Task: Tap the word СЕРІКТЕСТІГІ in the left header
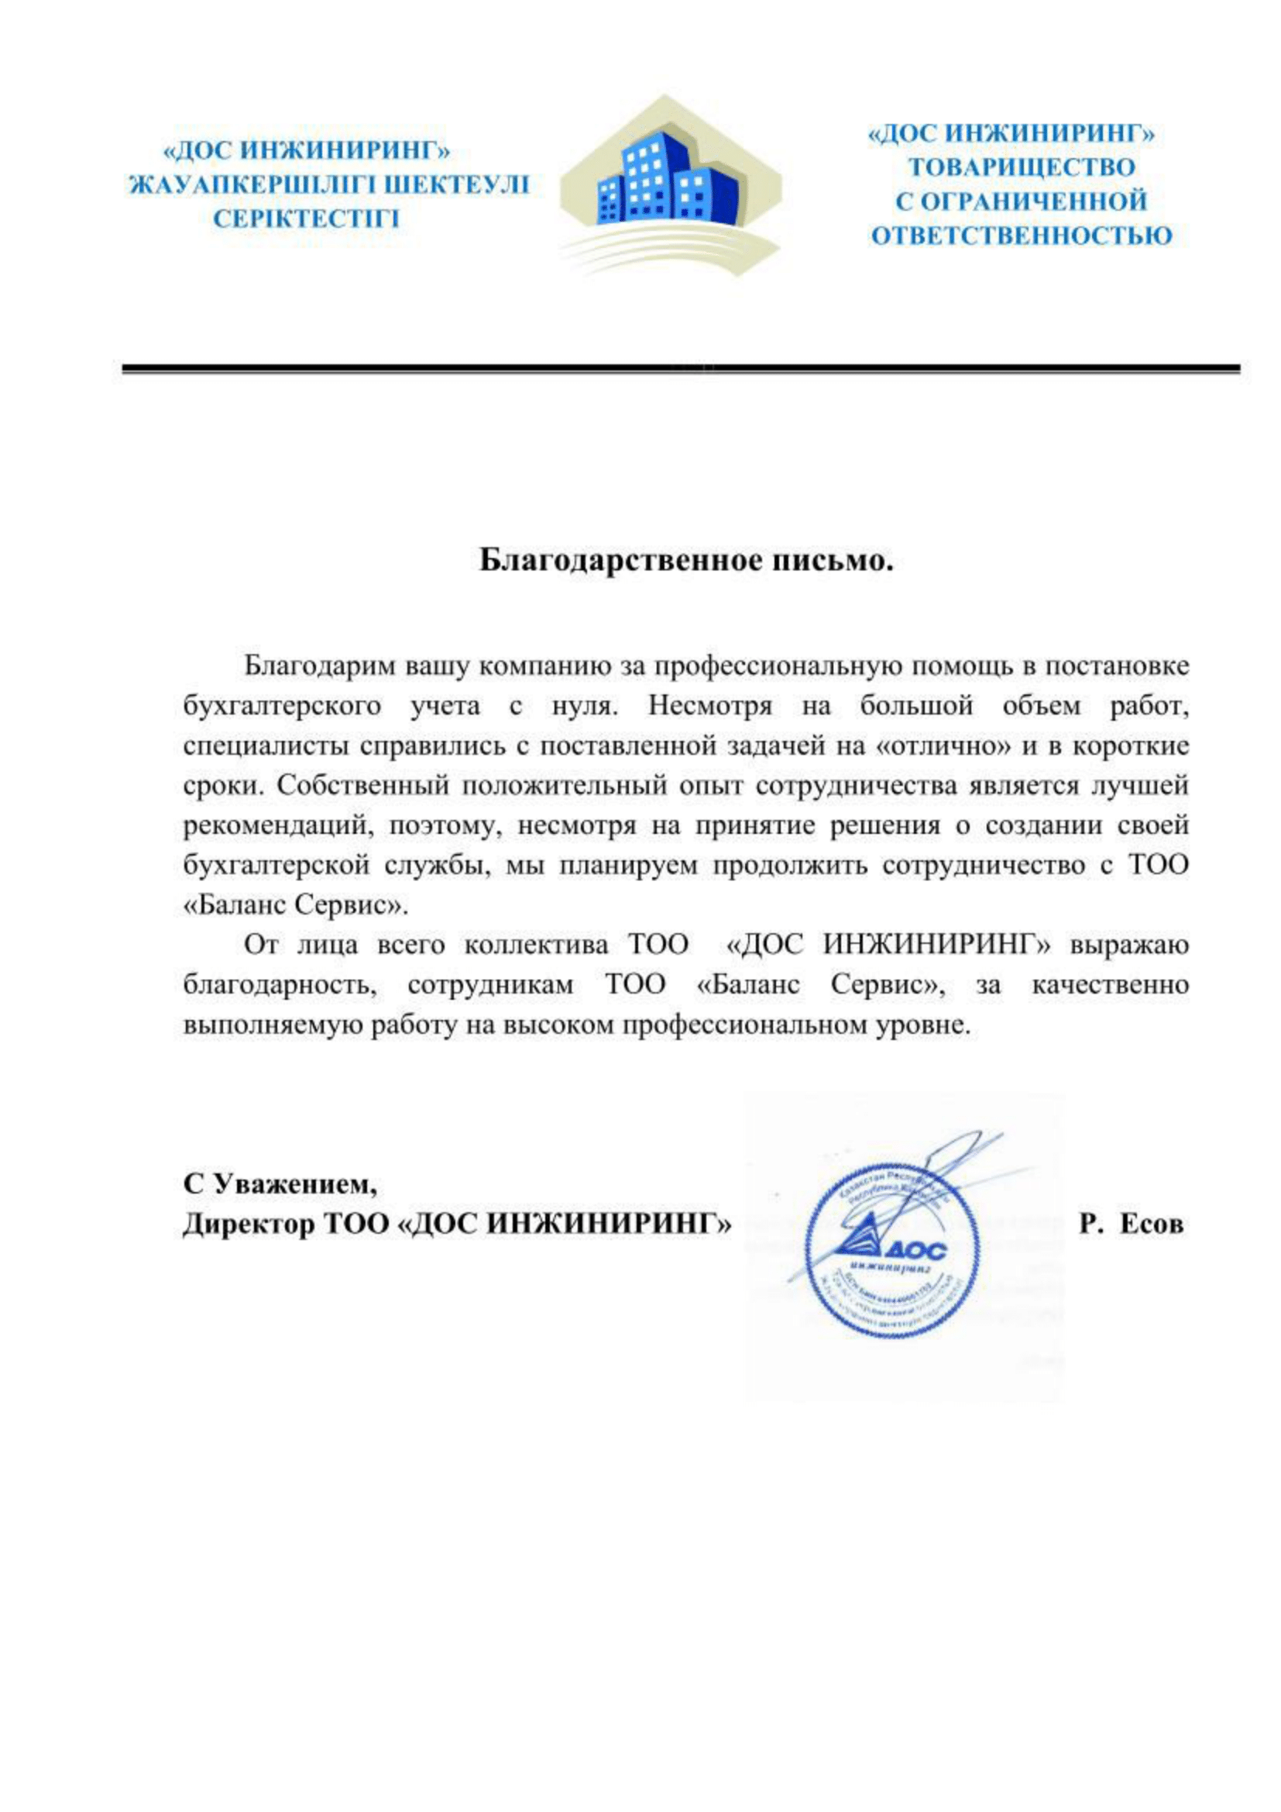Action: click(307, 219)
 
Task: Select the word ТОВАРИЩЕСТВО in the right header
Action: click(1022, 167)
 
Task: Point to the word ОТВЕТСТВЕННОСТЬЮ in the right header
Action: click(1022, 235)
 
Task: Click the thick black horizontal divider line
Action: click(680, 369)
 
